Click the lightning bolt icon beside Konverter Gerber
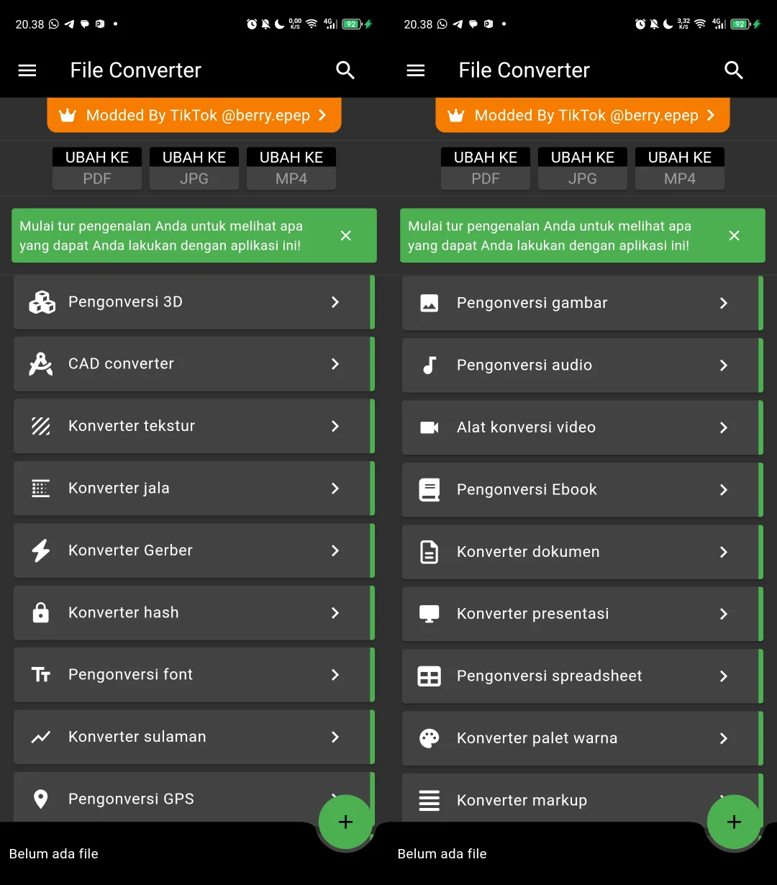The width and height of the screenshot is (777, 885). click(41, 550)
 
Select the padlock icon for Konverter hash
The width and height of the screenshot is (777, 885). click(41, 613)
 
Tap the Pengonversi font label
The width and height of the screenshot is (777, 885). click(130, 675)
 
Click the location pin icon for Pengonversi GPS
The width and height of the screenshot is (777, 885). click(41, 799)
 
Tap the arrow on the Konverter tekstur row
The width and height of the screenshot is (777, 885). click(335, 426)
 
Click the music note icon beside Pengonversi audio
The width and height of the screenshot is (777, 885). click(430, 366)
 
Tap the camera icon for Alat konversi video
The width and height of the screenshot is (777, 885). click(430, 427)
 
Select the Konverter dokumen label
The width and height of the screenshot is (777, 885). click(527, 552)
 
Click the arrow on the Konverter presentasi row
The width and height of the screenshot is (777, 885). click(723, 614)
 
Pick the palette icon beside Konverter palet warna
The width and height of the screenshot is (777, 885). click(430, 738)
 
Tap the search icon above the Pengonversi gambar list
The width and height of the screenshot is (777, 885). click(733, 70)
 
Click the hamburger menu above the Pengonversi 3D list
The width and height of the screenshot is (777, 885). click(27, 70)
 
